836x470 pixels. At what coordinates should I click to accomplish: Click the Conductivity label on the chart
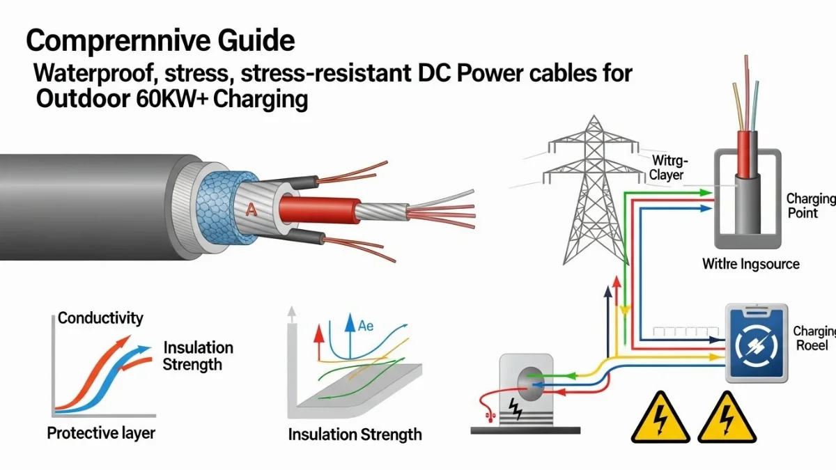pyautogui.click(x=100, y=319)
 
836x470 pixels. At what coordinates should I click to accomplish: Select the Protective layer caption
pyautogui.click(x=101, y=433)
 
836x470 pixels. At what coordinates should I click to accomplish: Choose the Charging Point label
pyautogui.click(x=809, y=205)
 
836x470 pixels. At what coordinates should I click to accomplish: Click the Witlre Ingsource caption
pyautogui.click(x=751, y=265)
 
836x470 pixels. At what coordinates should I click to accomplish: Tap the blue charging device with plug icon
pyautogui.click(x=756, y=343)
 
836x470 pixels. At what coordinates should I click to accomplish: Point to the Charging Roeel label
pyautogui.click(x=812, y=338)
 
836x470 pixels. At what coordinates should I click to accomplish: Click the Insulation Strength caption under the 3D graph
pyautogui.click(x=355, y=435)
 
